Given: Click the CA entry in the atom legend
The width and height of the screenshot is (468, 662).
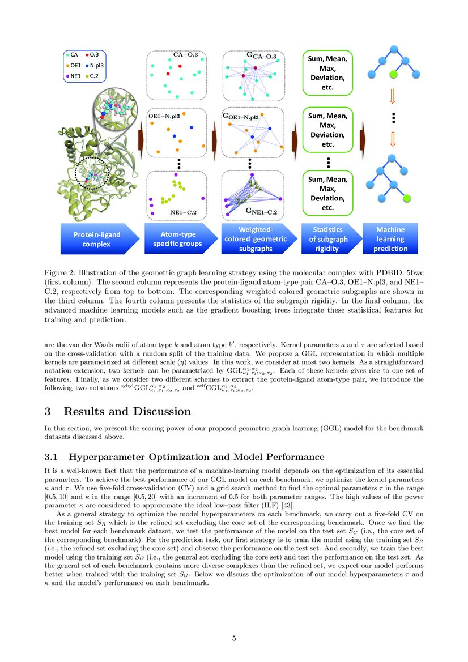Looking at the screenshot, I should tap(73, 55).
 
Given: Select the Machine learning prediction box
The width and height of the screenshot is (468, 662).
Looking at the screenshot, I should tap(390, 238).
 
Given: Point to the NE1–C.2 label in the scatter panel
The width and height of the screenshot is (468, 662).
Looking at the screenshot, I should tap(184, 213).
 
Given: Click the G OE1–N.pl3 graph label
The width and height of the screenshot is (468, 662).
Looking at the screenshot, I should tap(241, 117).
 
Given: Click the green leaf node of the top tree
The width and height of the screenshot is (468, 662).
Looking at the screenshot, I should tap(393, 74).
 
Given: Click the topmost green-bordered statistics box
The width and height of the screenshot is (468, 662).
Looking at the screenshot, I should tap(328, 72).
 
